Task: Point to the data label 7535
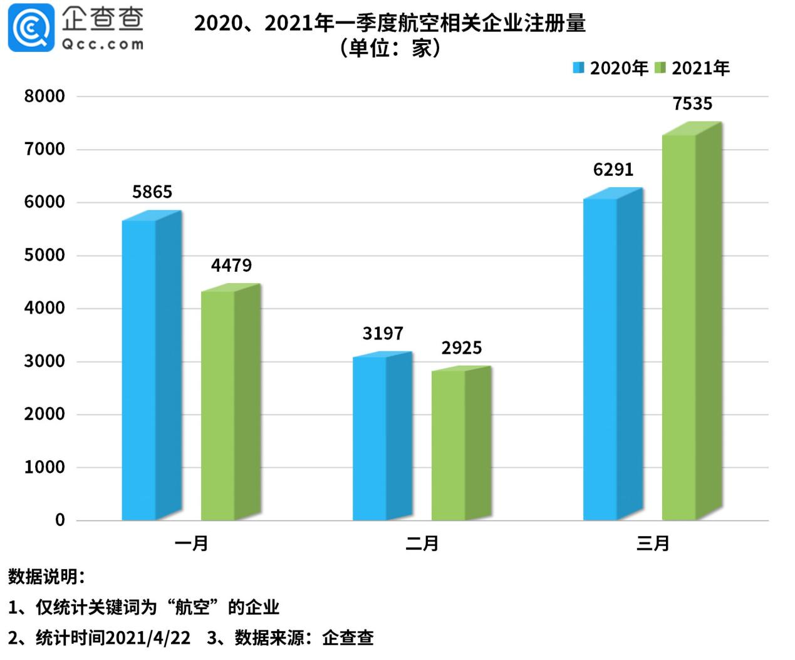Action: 692,104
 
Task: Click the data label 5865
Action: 152,192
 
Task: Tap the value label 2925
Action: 462,348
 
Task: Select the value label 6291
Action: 613,170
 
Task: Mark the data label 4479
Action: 231,266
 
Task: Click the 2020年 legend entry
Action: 611,68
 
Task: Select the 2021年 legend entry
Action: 693,68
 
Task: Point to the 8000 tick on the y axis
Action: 44,96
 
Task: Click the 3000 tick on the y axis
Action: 44,361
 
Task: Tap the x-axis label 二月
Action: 422,543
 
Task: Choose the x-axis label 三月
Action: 653,543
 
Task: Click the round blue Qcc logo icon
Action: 31,28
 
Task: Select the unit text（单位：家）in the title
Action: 390,48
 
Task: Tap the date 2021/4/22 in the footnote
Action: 148,638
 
